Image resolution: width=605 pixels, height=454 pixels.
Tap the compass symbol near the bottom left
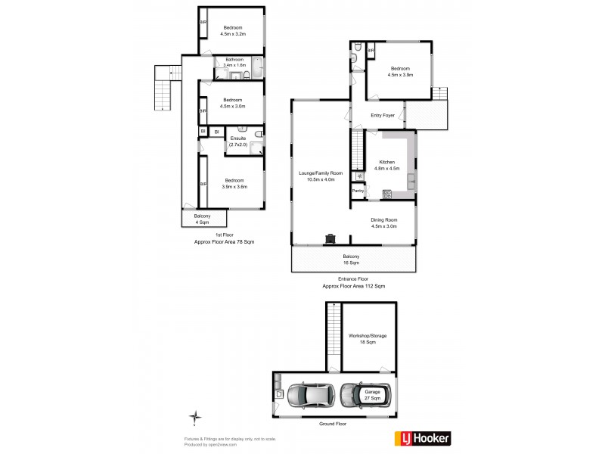(195, 417)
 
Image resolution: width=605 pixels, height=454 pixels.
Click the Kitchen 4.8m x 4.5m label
(387, 165)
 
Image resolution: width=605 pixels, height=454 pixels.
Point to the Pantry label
(358, 191)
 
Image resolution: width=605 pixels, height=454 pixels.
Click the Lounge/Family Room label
(321, 176)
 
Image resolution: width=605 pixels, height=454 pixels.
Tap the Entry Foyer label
(383, 115)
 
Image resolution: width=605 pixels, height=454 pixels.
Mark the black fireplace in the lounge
(330, 238)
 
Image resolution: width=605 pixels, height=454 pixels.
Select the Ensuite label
(239, 141)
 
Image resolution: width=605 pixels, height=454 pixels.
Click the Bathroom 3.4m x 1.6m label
(232, 63)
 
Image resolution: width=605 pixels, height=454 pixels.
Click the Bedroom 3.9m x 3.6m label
(234, 183)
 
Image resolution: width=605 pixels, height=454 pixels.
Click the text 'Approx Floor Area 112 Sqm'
(353, 286)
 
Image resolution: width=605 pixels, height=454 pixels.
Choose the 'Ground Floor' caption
(334, 425)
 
